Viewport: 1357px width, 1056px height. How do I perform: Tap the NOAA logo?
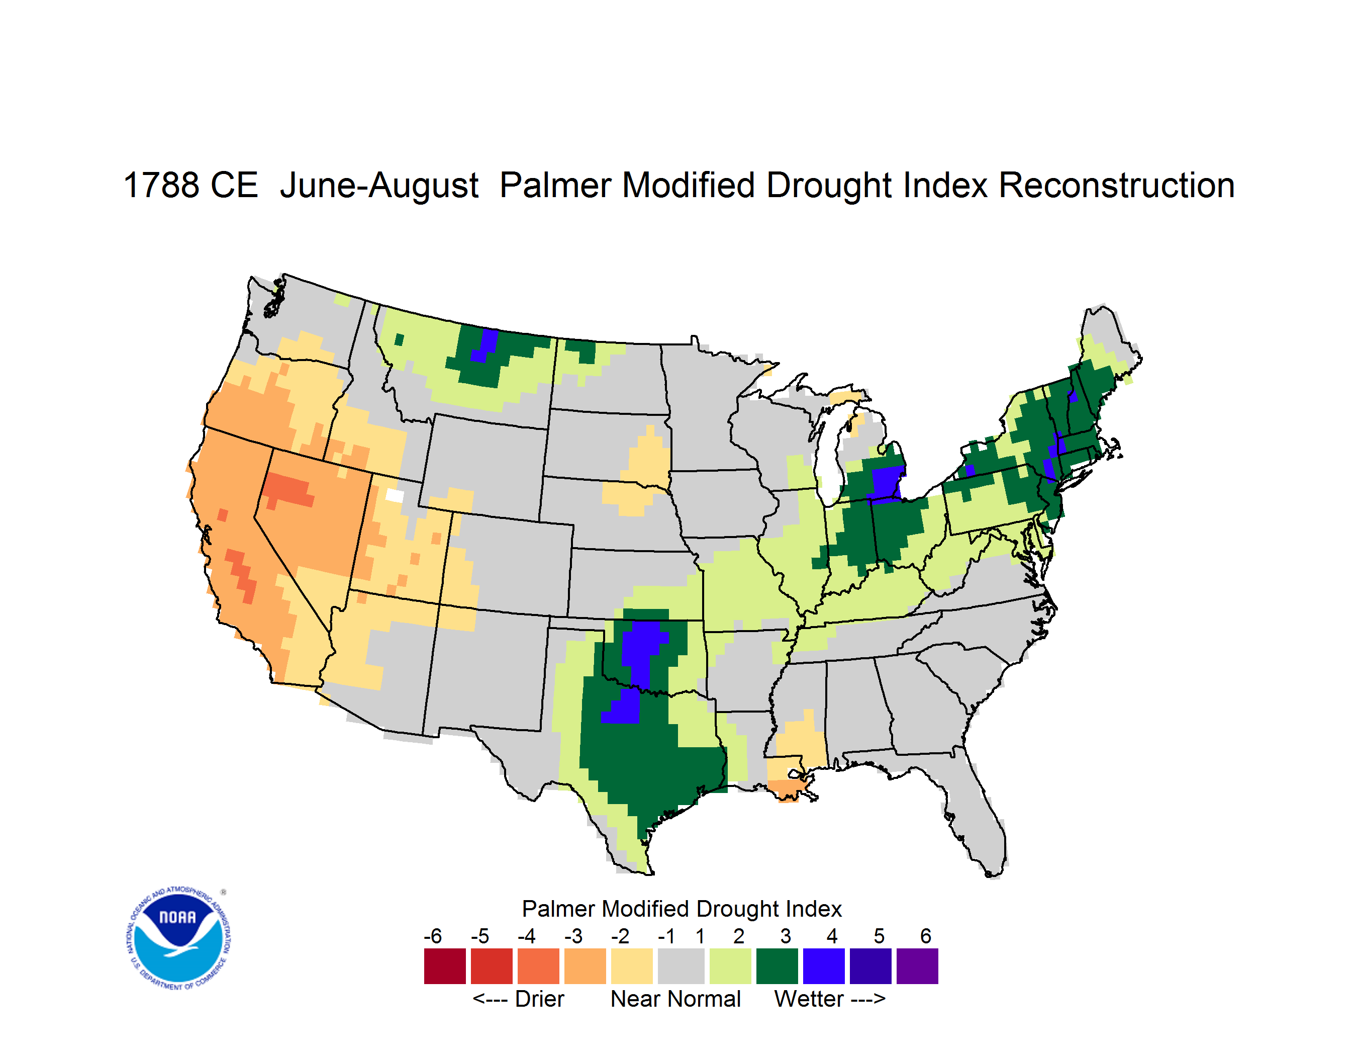pyautogui.click(x=178, y=938)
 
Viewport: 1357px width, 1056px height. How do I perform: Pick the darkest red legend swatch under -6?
pyautogui.click(x=445, y=965)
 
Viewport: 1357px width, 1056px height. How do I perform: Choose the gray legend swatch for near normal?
pyautogui.click(x=681, y=965)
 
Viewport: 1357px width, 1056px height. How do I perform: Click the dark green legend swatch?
pyautogui.click(x=777, y=965)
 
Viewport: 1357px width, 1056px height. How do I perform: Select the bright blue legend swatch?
pyautogui.click(x=823, y=965)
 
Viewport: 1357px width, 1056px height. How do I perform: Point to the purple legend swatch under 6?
pyautogui.click(x=917, y=965)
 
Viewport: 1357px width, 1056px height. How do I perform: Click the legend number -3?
pyautogui.click(x=573, y=935)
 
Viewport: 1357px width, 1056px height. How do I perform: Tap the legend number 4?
pyautogui.click(x=832, y=935)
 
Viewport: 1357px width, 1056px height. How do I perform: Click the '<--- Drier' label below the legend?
pyautogui.click(x=518, y=999)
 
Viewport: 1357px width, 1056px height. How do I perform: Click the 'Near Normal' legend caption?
pyautogui.click(x=675, y=999)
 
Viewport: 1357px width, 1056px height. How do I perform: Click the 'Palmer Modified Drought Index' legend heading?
pyautogui.click(x=682, y=909)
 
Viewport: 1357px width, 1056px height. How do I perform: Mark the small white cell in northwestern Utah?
pyautogui.click(x=395, y=495)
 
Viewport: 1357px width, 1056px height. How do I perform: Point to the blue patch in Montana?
pyautogui.click(x=484, y=345)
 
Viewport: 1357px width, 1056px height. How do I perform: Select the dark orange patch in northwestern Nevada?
pyautogui.click(x=286, y=491)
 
